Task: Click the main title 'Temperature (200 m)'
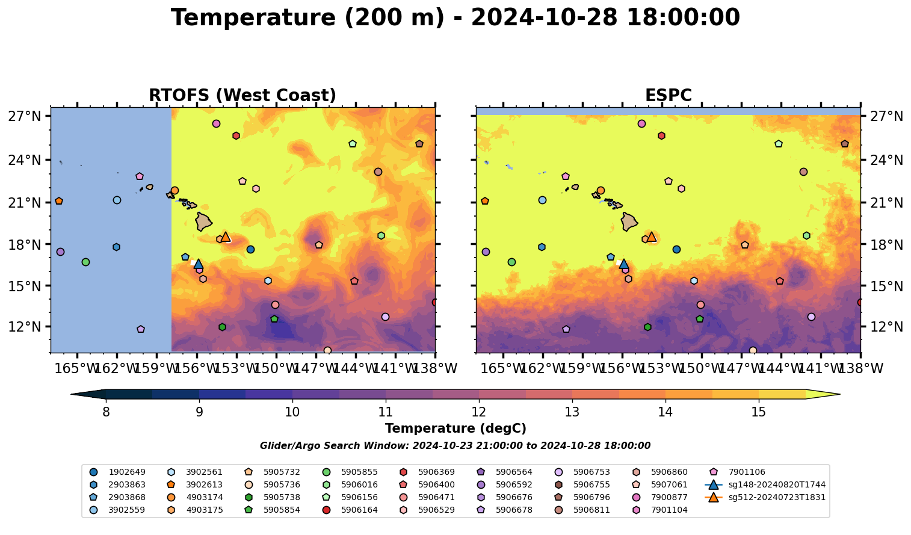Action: [455, 18]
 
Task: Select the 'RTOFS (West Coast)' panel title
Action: [242, 96]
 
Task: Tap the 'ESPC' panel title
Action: [668, 96]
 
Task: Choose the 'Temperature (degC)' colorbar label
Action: [455, 428]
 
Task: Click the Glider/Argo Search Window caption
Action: [455, 446]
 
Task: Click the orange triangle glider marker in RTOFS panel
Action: [226, 237]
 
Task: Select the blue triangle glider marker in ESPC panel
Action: [624, 264]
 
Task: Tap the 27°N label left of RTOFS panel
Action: [25, 116]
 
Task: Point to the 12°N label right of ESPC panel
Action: [887, 327]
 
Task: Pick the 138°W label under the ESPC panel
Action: [861, 368]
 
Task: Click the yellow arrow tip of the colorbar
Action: [836, 395]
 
